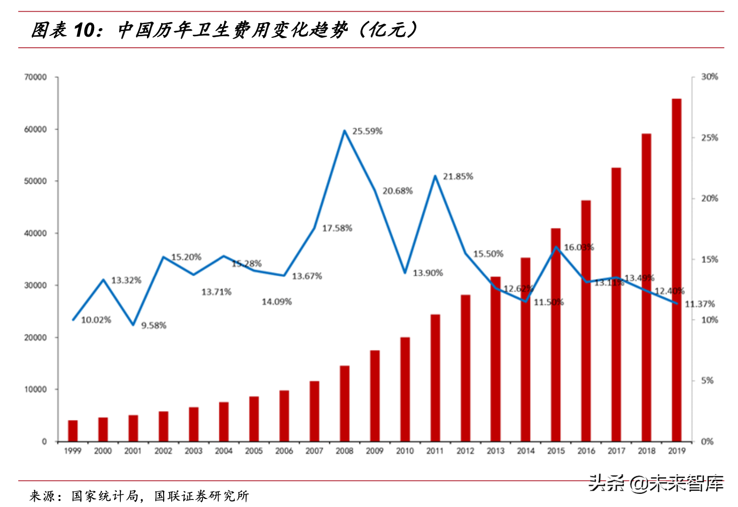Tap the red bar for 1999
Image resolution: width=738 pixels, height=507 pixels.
pyautogui.click(x=73, y=431)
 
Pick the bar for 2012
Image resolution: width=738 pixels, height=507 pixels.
pyautogui.click(x=465, y=368)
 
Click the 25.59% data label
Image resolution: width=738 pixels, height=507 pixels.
pyautogui.click(x=367, y=131)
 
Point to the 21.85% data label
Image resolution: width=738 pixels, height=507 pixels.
pyautogui.click(x=458, y=177)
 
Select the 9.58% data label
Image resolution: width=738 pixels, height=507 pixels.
pyautogui.click(x=154, y=325)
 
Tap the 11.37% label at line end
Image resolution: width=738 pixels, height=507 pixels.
pyautogui.click(x=699, y=304)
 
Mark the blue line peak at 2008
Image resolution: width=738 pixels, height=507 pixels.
pyautogui.click(x=344, y=131)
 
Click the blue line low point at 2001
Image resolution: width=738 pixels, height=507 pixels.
pyautogui.click(x=133, y=325)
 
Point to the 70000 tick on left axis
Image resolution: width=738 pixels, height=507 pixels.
pyautogui.click(x=35, y=77)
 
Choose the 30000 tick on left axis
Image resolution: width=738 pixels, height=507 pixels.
pyautogui.click(x=35, y=285)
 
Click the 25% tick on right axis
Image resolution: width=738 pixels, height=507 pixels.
pyautogui.click(x=709, y=138)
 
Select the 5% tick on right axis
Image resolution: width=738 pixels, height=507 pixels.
pyautogui.click(x=707, y=381)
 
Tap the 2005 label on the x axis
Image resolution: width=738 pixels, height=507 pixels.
pyautogui.click(x=254, y=451)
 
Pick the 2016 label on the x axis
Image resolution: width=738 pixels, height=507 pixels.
pyautogui.click(x=586, y=451)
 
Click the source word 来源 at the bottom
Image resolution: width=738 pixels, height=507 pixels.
pyautogui.click(x=41, y=496)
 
